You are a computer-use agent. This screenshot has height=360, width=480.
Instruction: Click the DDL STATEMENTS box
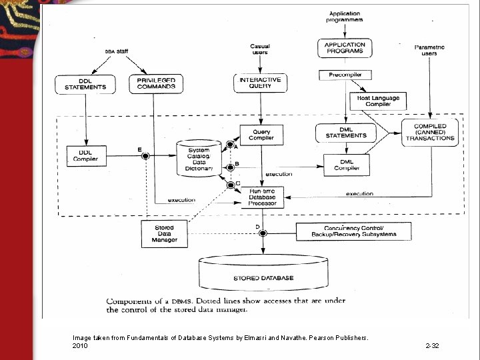(85, 84)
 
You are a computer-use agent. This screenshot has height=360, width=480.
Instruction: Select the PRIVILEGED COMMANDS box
(156, 84)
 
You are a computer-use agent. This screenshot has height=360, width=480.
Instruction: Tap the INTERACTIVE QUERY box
(260, 83)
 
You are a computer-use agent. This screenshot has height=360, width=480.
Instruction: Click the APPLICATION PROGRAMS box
(344, 48)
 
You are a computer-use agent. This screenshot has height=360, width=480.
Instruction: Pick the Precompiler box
(344, 75)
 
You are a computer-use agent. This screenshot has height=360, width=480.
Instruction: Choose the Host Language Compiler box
(378, 101)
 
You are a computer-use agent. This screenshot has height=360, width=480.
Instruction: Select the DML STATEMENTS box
(346, 133)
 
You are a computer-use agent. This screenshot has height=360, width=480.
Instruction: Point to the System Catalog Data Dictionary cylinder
(198, 159)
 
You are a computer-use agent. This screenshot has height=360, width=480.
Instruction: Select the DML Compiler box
(346, 165)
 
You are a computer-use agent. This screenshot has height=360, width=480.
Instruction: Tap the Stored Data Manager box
(164, 233)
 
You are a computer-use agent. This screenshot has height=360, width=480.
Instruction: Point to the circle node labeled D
(263, 233)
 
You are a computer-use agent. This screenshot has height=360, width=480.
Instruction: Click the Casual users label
(259, 49)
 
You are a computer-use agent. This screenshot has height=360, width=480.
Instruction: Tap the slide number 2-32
(432, 346)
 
